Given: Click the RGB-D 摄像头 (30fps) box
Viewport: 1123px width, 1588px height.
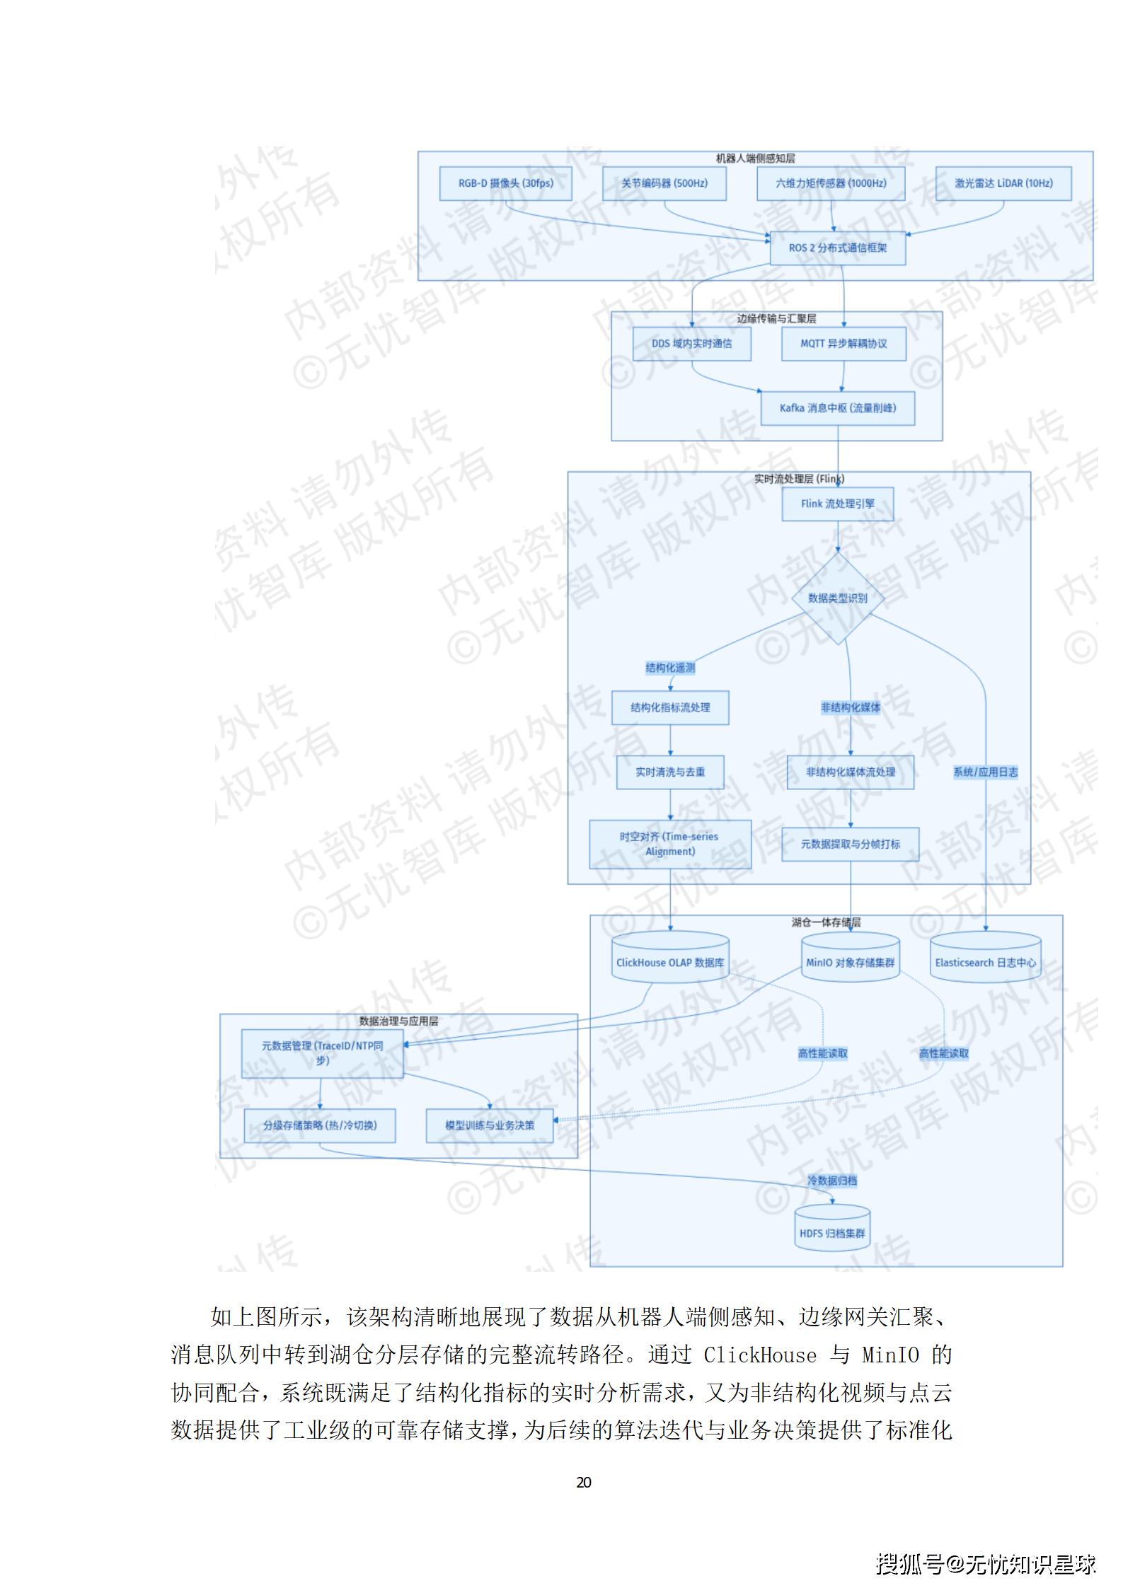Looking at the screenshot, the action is coord(505,183).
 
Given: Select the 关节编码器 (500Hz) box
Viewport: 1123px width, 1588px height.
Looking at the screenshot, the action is coord(664,183).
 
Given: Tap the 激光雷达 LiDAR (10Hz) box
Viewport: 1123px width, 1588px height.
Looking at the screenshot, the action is coord(1003,183).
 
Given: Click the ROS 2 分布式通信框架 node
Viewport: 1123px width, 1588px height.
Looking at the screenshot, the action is coord(837,248).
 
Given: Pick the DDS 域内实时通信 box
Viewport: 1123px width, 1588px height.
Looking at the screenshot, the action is coord(691,344).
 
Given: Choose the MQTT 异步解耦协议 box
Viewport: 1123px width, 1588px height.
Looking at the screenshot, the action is coord(843,344).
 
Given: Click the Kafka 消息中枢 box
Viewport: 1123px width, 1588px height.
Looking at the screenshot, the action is coord(837,408).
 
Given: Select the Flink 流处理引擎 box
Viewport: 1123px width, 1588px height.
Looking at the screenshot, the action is coord(837,504).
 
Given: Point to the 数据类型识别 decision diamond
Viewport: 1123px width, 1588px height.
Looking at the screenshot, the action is coord(837,598).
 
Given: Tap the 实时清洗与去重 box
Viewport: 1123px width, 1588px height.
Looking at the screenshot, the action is coord(669,772).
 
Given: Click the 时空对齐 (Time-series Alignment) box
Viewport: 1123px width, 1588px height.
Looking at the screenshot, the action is coord(669,844).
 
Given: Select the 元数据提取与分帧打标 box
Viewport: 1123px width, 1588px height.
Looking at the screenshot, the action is coord(850,844).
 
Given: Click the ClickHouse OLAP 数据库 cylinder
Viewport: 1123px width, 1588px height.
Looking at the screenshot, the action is coord(669,961).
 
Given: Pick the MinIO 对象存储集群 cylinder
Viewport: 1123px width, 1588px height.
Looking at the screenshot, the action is coord(850,961).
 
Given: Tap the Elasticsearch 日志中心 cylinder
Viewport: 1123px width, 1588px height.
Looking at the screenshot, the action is coord(985,961).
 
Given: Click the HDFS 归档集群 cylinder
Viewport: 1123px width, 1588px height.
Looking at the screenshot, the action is coord(831,1232).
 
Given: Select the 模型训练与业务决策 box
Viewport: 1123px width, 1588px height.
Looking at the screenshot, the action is coord(489,1125).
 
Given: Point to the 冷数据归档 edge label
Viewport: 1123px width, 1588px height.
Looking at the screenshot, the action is coord(831,1181).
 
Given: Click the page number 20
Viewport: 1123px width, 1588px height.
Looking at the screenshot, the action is coord(584,1482).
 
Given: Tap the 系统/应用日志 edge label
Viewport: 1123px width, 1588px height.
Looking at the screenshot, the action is coord(985,772).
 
